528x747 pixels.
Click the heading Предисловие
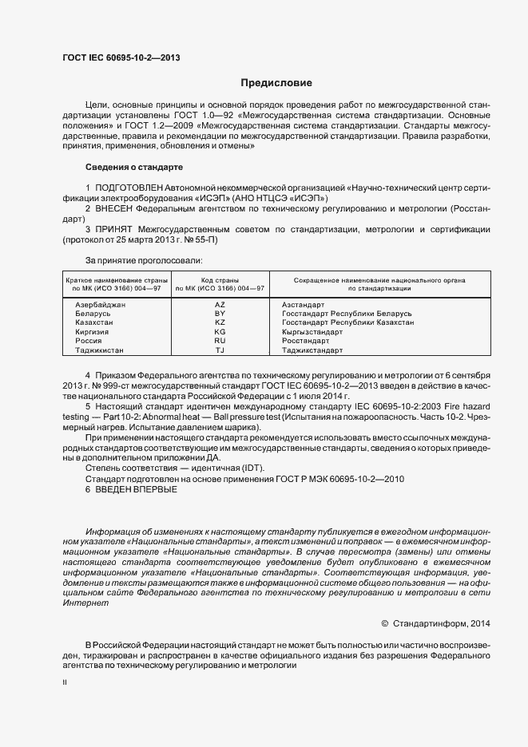pyautogui.click(x=276, y=83)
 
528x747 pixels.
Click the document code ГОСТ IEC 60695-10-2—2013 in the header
pyautogui.click(x=121, y=57)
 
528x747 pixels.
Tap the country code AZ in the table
pyautogui.click(x=220, y=305)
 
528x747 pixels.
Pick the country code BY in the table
pyautogui.click(x=220, y=314)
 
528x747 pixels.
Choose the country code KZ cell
pyautogui.click(x=220, y=322)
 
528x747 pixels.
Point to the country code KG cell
pyautogui.click(x=220, y=331)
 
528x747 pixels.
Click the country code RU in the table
pyautogui.click(x=220, y=341)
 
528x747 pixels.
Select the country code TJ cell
pyautogui.click(x=220, y=350)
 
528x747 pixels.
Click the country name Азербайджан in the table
pyautogui.click(x=100, y=305)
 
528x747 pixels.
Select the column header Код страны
pyautogui.click(x=220, y=280)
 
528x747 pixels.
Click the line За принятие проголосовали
pyautogui.click(x=143, y=260)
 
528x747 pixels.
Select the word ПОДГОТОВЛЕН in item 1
pyautogui.click(x=128, y=187)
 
